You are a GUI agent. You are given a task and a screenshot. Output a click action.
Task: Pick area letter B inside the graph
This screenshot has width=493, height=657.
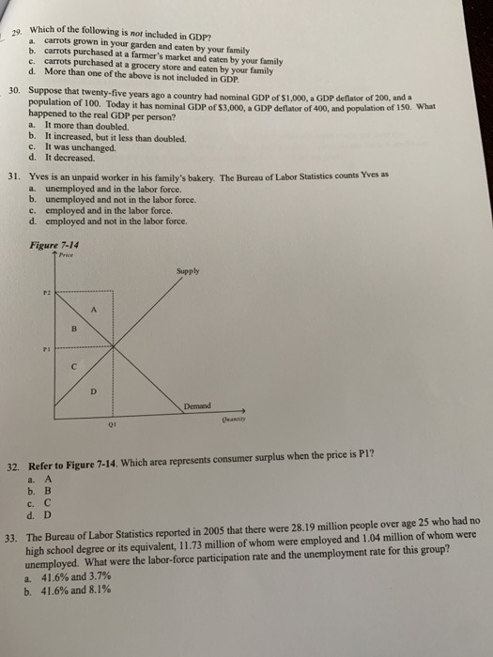pos(72,329)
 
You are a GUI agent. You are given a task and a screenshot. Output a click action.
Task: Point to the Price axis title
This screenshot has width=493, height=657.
pos(66,253)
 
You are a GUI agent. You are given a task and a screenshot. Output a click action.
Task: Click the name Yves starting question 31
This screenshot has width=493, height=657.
pos(41,176)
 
